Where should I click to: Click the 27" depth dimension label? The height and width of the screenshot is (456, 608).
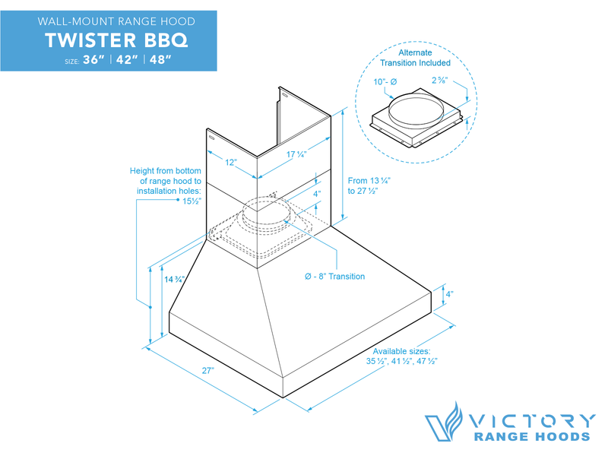pyautogui.click(x=207, y=369)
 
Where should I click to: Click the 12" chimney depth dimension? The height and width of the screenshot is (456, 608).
pyautogui.click(x=231, y=162)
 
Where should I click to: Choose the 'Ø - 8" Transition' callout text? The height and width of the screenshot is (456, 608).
pyautogui.click(x=334, y=276)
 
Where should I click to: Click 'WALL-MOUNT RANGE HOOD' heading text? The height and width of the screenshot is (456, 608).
pyautogui.click(x=109, y=21)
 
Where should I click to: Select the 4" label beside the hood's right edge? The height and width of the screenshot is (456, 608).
pyautogui.click(x=449, y=294)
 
